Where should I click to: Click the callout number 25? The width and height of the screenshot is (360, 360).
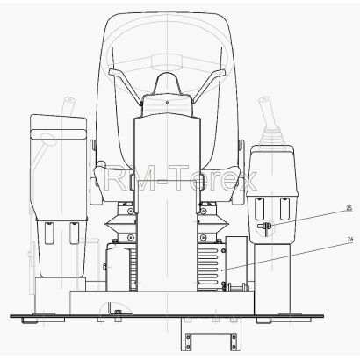tap(349, 208)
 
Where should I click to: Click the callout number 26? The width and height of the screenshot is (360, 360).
tap(349, 239)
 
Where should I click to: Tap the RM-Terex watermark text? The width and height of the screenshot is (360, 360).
tap(180, 177)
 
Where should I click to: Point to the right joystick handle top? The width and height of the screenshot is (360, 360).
tap(263, 100)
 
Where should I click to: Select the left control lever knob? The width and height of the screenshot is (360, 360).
tap(70, 101)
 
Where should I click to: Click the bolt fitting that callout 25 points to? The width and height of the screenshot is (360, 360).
tap(265, 227)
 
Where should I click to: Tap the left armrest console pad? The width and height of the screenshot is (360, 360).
tap(59, 134)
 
